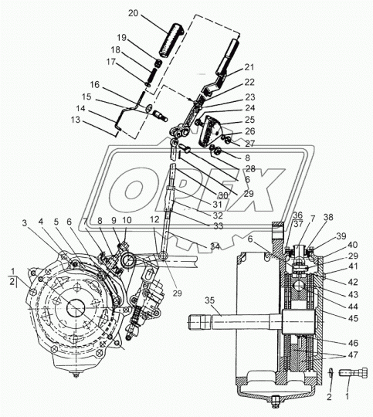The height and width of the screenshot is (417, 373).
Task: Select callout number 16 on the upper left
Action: coord(94,84)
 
